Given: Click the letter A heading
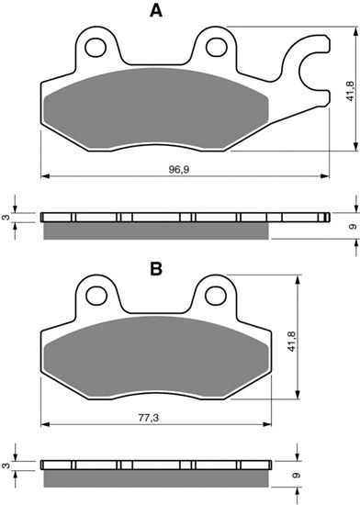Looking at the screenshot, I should pyautogui.click(x=156, y=12).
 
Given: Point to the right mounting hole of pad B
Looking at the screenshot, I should pyautogui.click(x=216, y=296).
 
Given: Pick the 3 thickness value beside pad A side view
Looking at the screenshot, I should pyautogui.click(x=6, y=218).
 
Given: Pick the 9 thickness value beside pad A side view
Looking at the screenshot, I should pyautogui.click(x=352, y=226).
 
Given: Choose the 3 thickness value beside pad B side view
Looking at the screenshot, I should pyautogui.click(x=6, y=470).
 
